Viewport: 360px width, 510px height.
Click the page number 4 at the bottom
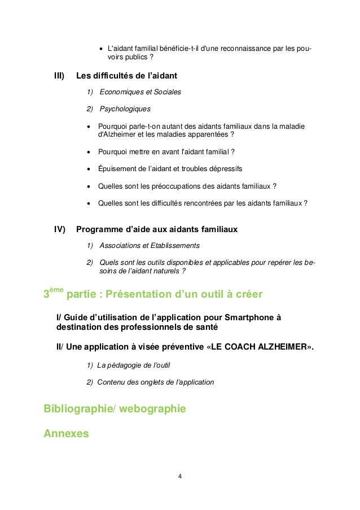179,476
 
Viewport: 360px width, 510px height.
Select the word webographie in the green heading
153,408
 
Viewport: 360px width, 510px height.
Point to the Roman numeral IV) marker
60,229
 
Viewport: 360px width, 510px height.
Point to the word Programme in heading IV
99,229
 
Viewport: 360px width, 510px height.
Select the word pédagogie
127,365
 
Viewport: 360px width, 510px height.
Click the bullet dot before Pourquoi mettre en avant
89,152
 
